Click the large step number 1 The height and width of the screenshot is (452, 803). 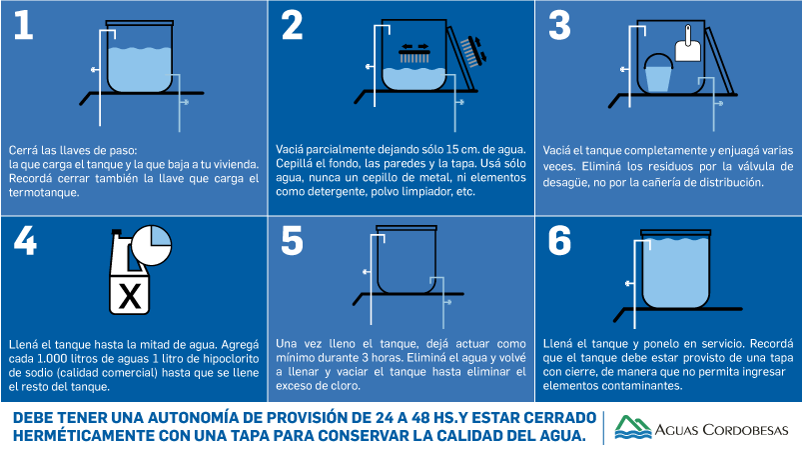coord(24,25)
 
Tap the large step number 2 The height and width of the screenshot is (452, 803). coord(292,25)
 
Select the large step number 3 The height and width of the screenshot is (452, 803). coord(559,25)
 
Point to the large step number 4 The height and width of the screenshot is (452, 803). coord(25,240)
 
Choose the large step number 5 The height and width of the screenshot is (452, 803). coord(292,241)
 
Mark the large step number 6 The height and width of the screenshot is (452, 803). coord(559,241)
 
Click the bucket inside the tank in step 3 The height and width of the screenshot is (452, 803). coord(658,73)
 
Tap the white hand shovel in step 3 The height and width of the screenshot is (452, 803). coord(688,45)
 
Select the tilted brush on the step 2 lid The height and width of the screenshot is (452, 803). coord(471,51)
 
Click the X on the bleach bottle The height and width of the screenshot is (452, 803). coord(130,296)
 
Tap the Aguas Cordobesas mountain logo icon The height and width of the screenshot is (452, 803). coord(632,427)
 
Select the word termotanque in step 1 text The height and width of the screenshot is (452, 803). coord(44,193)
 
